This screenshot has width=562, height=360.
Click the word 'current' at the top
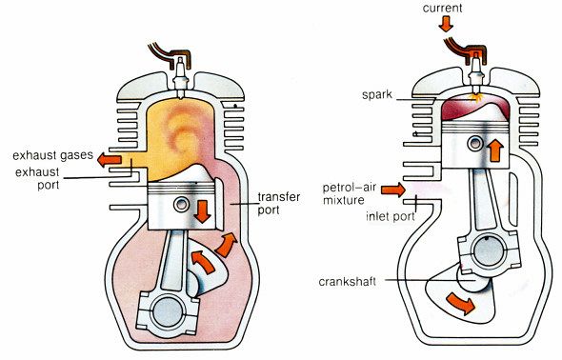[446, 8]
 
